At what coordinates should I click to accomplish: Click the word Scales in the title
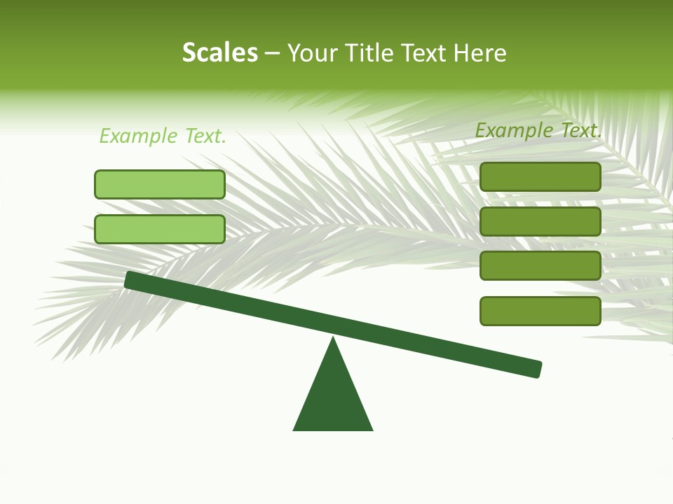point(219,52)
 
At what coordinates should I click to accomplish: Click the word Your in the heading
point(313,52)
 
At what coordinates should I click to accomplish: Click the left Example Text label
point(163,136)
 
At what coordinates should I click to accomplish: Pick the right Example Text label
point(538,129)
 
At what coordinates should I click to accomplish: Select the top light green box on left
point(160,184)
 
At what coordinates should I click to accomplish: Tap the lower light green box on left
point(160,229)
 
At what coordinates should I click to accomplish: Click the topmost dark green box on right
point(540,176)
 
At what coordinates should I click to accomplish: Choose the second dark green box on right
point(540,221)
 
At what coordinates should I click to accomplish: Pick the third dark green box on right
point(540,266)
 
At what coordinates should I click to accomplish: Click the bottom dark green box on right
point(540,311)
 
